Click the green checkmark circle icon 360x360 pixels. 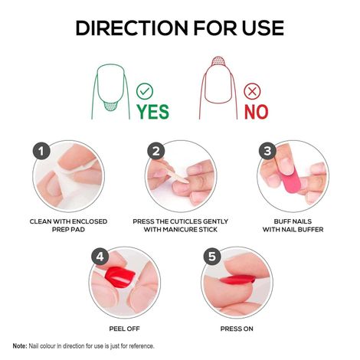point(145,92)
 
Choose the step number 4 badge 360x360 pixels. point(100,257)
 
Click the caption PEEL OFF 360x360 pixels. point(125,324)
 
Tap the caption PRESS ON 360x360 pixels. point(237,324)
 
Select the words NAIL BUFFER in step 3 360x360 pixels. point(307,229)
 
